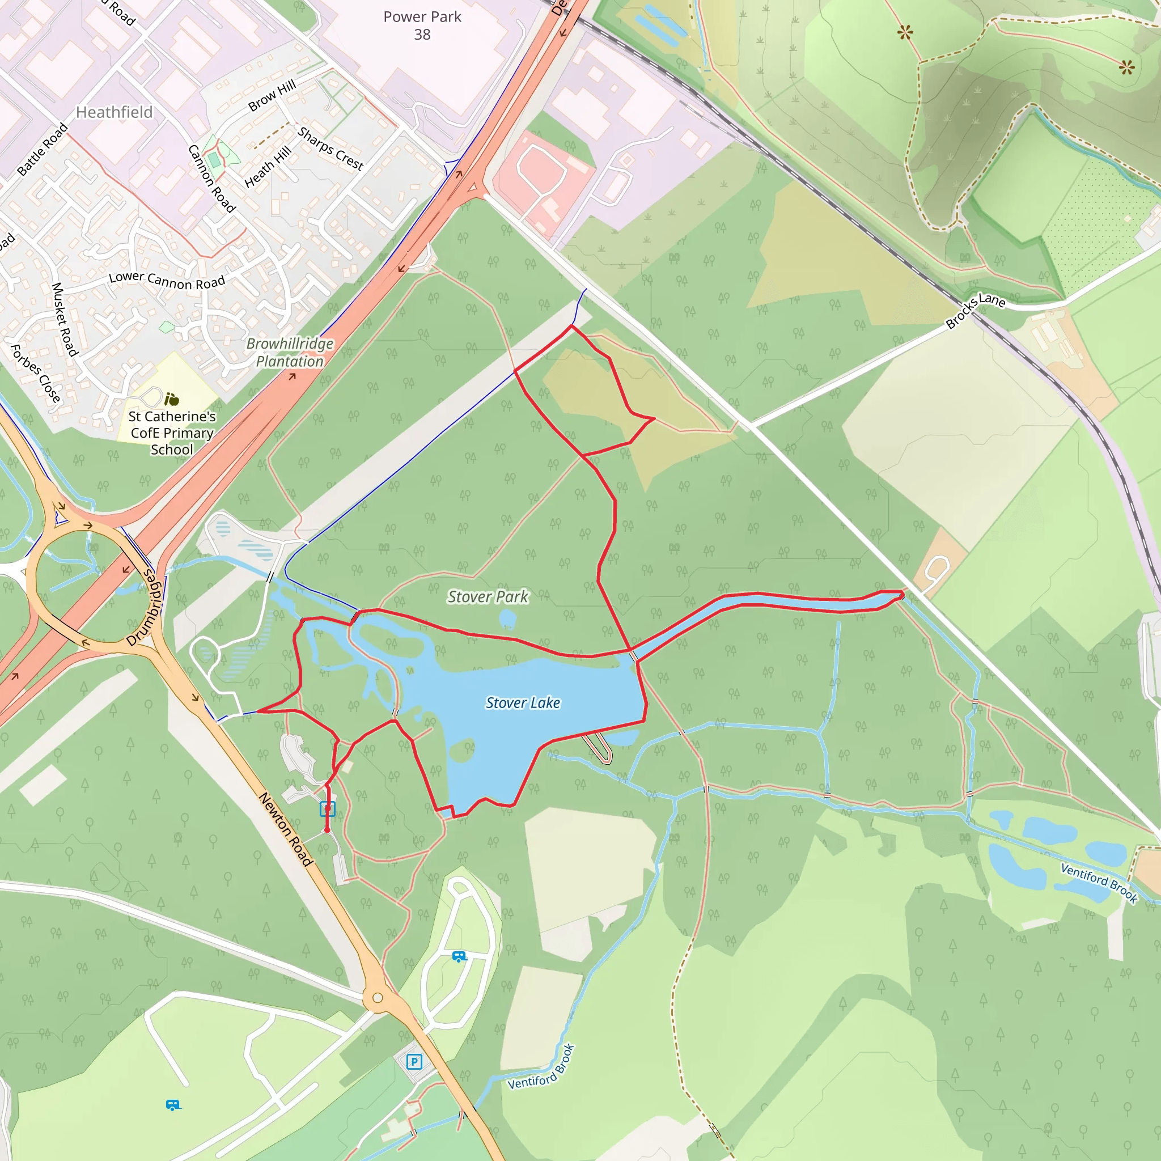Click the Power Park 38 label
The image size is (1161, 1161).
pos(422,26)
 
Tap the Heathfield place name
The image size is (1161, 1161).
pos(114,112)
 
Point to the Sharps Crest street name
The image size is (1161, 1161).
pos(330,149)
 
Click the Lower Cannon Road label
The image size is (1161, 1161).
pos(167,279)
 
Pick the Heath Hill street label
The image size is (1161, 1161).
pos(268,167)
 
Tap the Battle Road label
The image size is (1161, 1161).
pos(42,150)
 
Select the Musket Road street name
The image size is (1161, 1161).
pos(65,319)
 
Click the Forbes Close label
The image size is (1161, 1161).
pos(36,373)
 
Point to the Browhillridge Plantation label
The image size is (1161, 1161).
pos(290,352)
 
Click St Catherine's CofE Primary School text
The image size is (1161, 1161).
pos(172,433)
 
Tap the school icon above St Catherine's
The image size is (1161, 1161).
pos(172,399)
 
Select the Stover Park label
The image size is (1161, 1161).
pos(488,597)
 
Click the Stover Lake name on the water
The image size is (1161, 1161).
pos(523,702)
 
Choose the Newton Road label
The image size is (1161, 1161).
pos(286,829)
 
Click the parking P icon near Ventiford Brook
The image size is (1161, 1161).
pos(414,1062)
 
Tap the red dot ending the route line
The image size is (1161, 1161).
pos(327,831)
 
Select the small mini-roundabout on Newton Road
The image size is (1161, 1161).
pos(378,998)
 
